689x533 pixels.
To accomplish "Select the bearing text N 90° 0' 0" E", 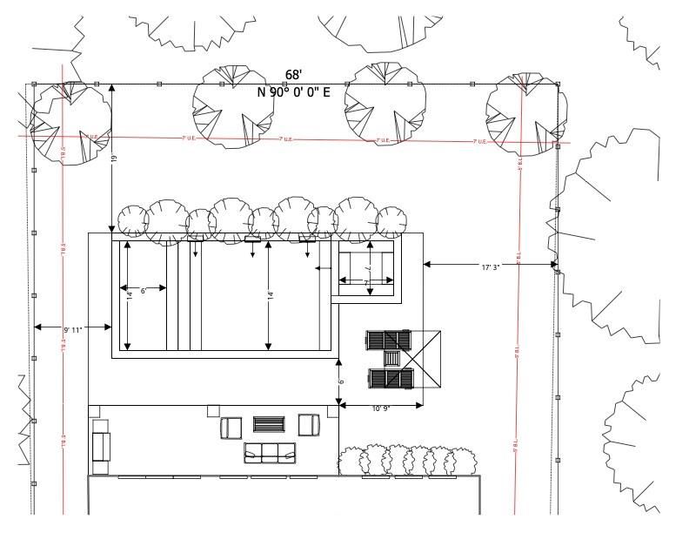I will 294,91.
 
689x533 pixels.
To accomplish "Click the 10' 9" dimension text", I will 380,408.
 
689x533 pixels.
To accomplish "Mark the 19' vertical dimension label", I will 114,159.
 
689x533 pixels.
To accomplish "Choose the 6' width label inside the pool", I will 143,290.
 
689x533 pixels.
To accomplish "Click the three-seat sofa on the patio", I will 270,452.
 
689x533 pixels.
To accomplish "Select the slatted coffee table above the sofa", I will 269,425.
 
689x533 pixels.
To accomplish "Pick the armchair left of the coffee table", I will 231,427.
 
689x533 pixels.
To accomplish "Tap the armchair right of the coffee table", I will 308,425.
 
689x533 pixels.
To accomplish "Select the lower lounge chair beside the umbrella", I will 391,378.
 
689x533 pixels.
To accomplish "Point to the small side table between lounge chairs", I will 393,359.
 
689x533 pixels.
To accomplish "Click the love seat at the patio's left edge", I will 101,445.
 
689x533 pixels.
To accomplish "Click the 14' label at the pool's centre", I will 271,294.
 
